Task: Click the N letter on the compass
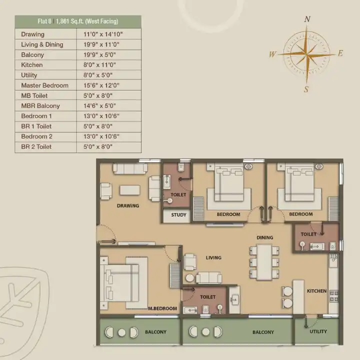tap(307, 19)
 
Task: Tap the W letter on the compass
tap(272, 54)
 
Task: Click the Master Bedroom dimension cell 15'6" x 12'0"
tap(101, 85)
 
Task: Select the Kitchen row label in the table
tap(32, 65)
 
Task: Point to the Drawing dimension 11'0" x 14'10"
tap(103, 34)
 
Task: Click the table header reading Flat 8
tap(44, 21)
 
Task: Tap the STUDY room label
tap(178, 215)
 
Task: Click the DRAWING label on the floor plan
tap(128, 205)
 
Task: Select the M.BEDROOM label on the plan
tap(162, 308)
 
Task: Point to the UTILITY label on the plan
tap(318, 331)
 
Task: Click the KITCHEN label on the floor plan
tap(316, 291)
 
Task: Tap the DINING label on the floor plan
tap(264, 237)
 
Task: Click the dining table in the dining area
tap(264, 262)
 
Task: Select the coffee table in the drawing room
tap(129, 190)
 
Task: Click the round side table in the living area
tap(189, 278)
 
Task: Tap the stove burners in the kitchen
tap(334, 296)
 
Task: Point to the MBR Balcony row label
tap(40, 106)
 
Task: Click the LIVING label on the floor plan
tap(213, 257)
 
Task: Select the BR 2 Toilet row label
tap(36, 146)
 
